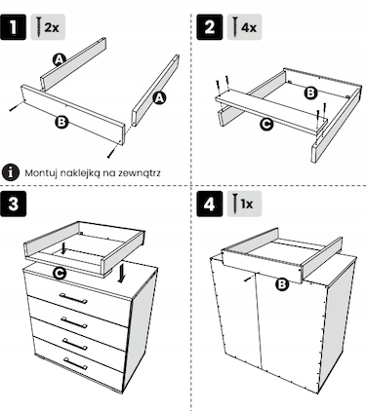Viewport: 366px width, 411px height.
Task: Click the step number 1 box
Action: (13, 27)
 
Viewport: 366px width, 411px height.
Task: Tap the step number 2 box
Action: (210, 27)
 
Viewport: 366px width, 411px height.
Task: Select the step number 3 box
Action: (13, 204)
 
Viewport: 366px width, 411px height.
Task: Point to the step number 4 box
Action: (210, 204)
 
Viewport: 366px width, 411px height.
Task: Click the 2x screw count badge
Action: (48, 27)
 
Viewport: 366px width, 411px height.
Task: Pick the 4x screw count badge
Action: (244, 27)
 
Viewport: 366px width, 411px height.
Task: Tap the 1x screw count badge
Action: (244, 204)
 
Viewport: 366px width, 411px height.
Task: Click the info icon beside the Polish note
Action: (11, 172)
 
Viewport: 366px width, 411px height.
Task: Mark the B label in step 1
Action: (61, 122)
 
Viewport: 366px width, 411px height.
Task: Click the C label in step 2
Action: (266, 125)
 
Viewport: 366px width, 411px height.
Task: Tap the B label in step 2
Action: (311, 93)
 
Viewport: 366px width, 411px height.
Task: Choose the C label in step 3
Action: (60, 274)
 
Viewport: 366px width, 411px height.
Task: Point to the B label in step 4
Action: (282, 284)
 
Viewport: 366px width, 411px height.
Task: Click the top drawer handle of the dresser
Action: (73, 298)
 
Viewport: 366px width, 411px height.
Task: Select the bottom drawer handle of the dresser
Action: (75, 364)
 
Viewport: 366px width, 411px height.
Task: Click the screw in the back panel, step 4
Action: (249, 279)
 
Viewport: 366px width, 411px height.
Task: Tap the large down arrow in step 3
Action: (122, 273)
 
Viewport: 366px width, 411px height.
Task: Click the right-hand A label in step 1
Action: (159, 97)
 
